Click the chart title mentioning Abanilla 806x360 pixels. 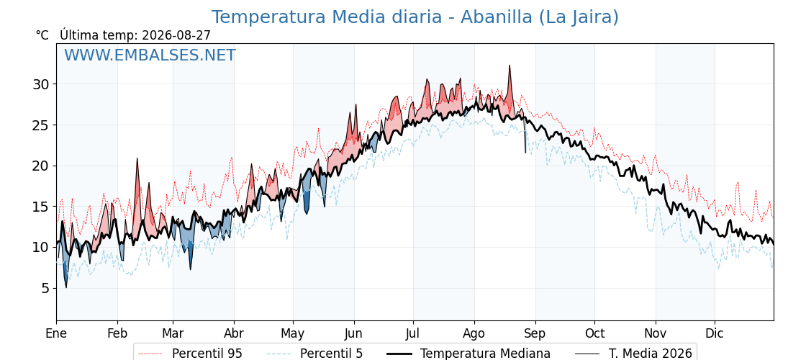pos(415,17)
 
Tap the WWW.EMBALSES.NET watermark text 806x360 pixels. pos(150,55)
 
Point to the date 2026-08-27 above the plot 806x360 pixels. pos(176,35)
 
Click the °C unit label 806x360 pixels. pos(42,35)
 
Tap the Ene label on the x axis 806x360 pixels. pos(57,333)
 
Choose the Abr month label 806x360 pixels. pos(234,333)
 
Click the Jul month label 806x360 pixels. pos(413,333)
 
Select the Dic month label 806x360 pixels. pos(715,333)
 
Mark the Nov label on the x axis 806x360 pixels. pos(656,333)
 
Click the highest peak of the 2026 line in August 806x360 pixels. pos(510,66)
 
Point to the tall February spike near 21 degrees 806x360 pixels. pos(137,158)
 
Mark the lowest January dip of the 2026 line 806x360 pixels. pos(65,287)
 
